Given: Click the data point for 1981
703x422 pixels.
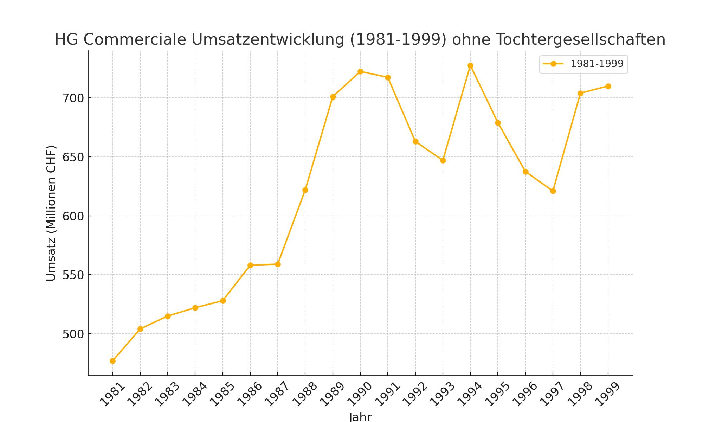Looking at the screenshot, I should (x=112, y=361).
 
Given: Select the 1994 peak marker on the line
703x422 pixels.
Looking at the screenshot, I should (x=470, y=66).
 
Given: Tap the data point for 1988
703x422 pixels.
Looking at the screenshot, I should (x=305, y=190).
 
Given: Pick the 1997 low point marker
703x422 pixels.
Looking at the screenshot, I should (x=553, y=191).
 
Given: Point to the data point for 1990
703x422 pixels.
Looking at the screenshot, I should (x=360, y=72).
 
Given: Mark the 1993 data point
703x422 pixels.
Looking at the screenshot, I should (x=443, y=161).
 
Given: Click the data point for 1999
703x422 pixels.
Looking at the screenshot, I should (x=608, y=87).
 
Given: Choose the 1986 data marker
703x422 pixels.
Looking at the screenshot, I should (x=250, y=265).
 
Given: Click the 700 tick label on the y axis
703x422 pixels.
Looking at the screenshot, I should (x=73, y=98).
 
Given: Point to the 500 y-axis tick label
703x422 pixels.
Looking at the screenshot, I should (x=73, y=334).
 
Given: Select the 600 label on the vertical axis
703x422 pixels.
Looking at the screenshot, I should (x=73, y=216).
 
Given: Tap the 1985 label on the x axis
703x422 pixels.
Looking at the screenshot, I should (x=222, y=394).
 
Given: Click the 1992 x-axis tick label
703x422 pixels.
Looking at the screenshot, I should (x=415, y=394).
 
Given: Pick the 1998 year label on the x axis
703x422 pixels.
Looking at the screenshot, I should (x=580, y=394).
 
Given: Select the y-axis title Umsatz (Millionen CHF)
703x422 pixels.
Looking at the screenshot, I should (x=51, y=213).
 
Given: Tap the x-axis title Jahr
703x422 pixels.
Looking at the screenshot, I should (x=360, y=417).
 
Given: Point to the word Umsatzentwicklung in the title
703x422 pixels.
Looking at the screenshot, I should (x=268, y=39).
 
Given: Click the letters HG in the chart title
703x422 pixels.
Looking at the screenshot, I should (x=67, y=39).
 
